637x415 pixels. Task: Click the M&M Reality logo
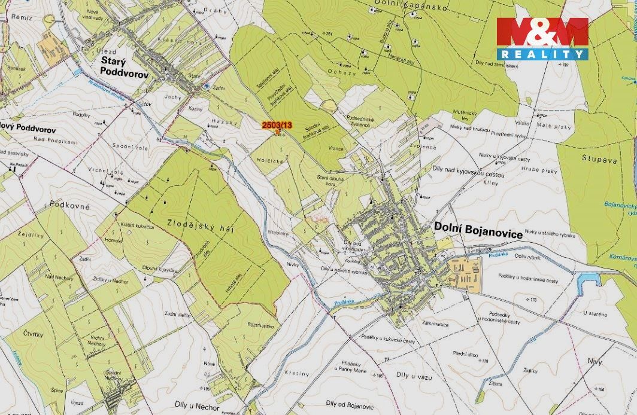(x=542, y=39)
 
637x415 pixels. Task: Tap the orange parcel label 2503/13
(x=277, y=125)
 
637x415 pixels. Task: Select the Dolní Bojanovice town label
(x=476, y=228)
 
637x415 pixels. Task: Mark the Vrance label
(x=336, y=146)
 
